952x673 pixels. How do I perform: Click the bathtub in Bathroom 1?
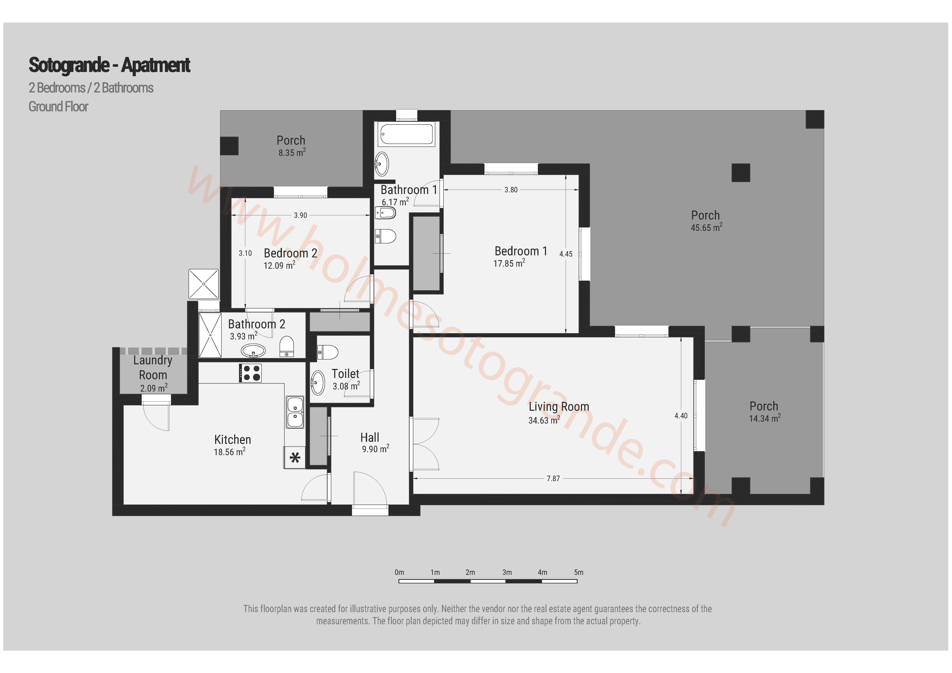pyautogui.click(x=407, y=134)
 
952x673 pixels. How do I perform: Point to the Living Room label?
pyautogui.click(x=559, y=407)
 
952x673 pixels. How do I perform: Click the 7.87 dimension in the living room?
pyautogui.click(x=553, y=479)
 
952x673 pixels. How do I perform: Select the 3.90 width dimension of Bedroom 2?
pyautogui.click(x=301, y=215)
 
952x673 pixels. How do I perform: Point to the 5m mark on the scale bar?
pyautogui.click(x=579, y=572)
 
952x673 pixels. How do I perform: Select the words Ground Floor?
pyautogui.click(x=58, y=107)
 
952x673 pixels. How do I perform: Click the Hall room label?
pyautogui.click(x=370, y=437)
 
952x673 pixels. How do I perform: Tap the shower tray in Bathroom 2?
pyautogui.click(x=210, y=335)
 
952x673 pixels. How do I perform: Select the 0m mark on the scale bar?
pyautogui.click(x=399, y=572)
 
